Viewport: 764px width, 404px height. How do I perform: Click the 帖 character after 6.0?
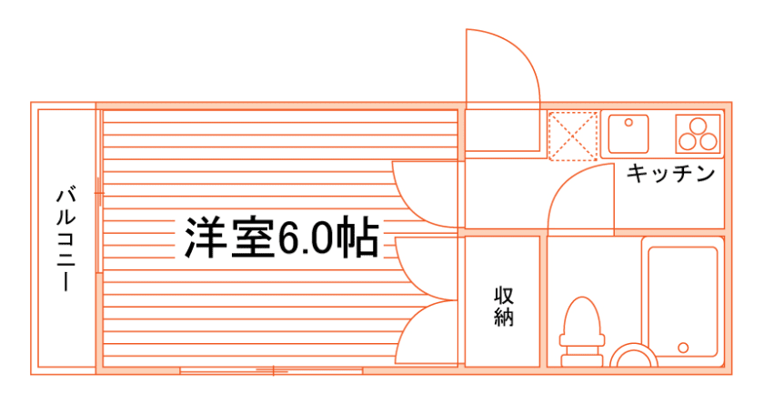361,238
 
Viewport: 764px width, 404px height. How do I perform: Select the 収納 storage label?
505,307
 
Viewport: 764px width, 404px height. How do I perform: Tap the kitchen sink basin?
628,134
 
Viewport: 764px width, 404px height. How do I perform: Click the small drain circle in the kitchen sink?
627,122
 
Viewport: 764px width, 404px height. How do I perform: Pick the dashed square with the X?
573,135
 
